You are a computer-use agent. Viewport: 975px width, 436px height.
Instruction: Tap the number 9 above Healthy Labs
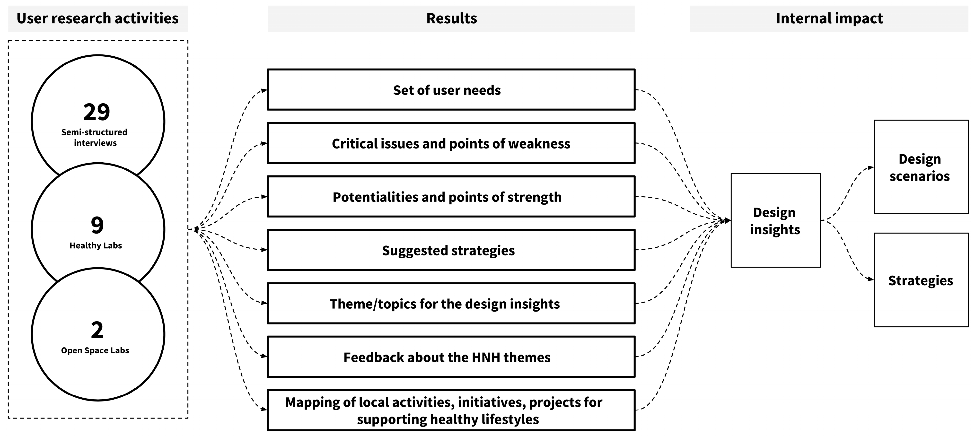coord(97,225)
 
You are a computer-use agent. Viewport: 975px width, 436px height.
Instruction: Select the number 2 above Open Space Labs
coord(97,330)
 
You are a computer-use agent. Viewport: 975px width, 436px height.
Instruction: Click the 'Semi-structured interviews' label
coord(95,137)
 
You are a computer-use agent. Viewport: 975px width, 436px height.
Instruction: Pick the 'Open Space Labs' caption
coord(95,350)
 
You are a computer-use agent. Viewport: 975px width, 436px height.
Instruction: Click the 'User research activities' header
coord(98,18)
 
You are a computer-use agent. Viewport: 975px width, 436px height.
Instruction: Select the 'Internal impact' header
coord(829,18)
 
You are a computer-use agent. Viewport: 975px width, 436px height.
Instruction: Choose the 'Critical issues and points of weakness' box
coord(451,143)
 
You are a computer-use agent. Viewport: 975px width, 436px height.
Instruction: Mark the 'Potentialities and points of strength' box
coord(451,197)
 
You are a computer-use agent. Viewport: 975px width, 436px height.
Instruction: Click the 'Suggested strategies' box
coord(451,250)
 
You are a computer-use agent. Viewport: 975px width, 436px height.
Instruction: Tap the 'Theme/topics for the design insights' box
coord(451,304)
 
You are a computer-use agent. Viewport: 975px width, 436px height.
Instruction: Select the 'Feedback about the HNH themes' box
coord(451,357)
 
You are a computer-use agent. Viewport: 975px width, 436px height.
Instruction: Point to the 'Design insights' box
coord(775,221)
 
